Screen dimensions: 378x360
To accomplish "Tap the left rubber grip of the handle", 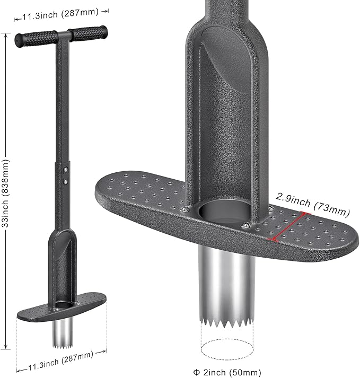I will (37, 38).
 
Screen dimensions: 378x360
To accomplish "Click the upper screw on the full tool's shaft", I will (65, 170).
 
